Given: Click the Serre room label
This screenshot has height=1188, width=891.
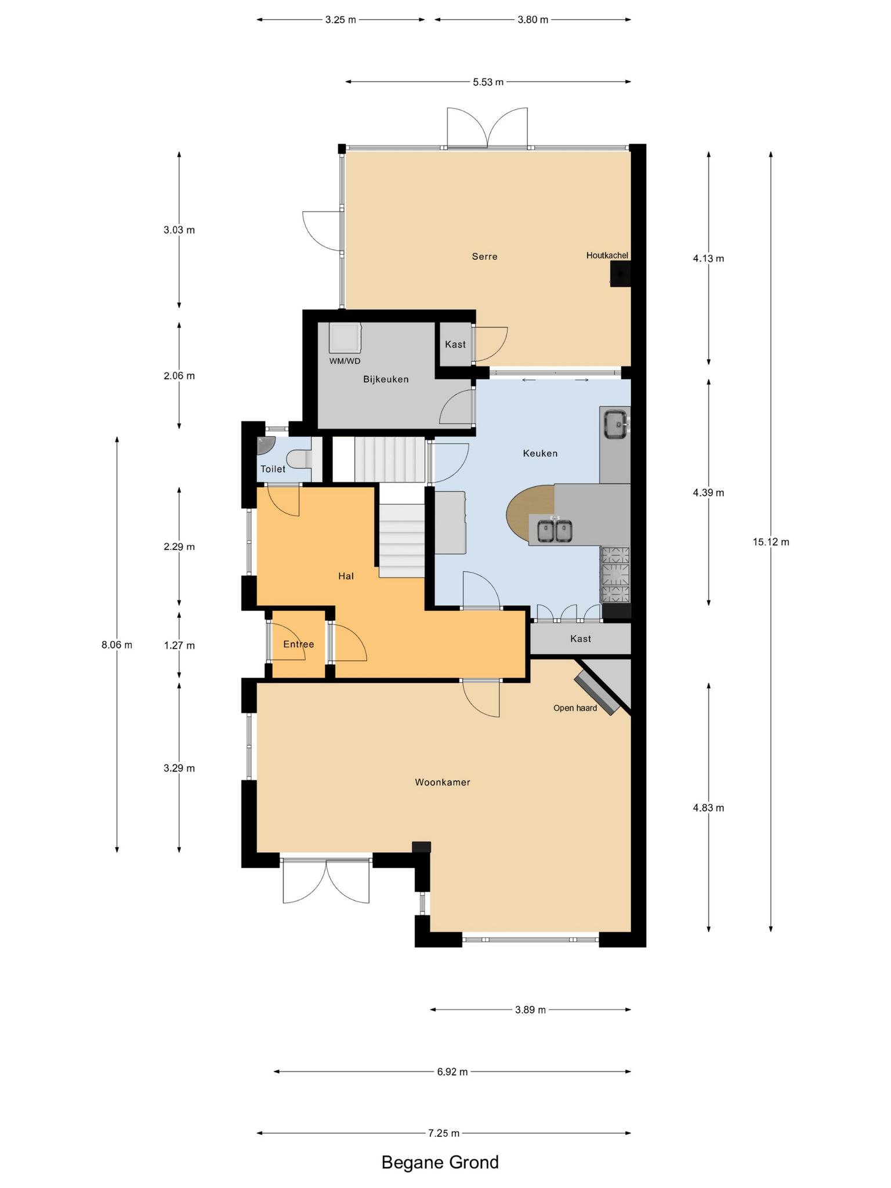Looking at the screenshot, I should point(484,256).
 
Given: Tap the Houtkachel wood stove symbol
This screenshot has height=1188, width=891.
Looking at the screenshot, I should point(620,273).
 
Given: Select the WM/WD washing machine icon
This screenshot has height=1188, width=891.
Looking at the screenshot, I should point(345,338).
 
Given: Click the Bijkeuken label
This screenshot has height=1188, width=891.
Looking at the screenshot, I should point(386,379).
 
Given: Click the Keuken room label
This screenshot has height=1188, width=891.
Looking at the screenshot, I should point(540,453).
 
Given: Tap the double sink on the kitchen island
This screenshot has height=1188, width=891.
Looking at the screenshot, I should point(555,531).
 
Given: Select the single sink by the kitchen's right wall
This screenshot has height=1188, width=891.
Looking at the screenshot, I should point(615,424).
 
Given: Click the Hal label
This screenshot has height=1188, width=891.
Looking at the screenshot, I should point(346,576).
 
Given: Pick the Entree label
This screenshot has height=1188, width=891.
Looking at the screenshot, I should point(299,644).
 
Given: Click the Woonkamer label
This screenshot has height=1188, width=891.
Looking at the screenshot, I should point(443,782).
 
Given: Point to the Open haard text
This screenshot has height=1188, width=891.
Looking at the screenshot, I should point(575,708).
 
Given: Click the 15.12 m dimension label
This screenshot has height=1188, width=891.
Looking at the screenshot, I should point(771,542).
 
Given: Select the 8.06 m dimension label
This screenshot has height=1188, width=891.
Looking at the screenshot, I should point(117,644).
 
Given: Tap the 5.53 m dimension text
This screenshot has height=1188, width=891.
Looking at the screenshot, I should point(488,82).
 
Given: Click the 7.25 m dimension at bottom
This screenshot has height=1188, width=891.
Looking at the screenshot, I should point(444,1133).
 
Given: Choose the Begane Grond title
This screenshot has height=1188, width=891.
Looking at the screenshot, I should point(440,1162).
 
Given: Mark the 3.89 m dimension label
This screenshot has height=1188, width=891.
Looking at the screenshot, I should point(530,1010).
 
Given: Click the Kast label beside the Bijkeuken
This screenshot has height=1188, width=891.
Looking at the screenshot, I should point(455,345).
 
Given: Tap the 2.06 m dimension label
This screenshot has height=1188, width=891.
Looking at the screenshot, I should point(179,376).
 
